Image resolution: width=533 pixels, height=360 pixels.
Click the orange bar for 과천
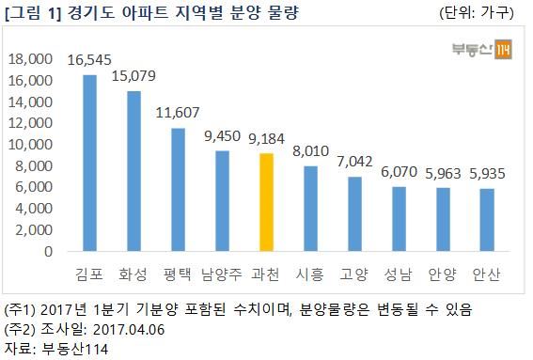coord(267,202)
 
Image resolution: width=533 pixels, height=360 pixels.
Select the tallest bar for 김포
coord(89,164)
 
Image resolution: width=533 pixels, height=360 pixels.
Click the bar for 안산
coord(488,220)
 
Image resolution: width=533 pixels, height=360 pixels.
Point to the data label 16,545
coord(89,59)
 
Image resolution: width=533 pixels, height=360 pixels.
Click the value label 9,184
coord(267,138)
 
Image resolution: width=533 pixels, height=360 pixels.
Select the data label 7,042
coord(355,161)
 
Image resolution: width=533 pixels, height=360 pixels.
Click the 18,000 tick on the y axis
coord(31,59)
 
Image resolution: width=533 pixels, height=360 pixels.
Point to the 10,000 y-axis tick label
coord(31,145)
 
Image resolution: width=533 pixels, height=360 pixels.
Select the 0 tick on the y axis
coord(46,252)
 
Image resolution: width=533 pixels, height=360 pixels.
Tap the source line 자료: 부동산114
coord(58,349)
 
